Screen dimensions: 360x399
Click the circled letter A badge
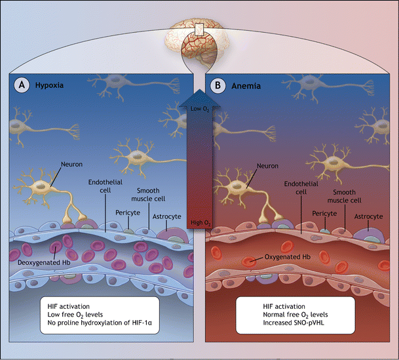(x=20, y=86)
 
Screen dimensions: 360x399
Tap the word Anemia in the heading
(x=244, y=86)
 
